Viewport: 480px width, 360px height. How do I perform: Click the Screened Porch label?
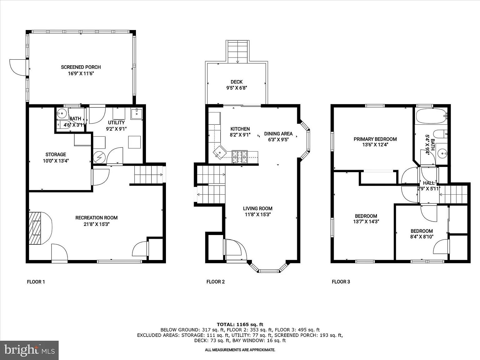[x=81, y=67]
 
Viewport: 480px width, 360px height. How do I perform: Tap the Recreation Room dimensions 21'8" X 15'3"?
[x=97, y=224]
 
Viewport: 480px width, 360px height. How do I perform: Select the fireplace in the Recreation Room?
[x=40, y=228]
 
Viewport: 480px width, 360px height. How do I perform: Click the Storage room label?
[x=56, y=155]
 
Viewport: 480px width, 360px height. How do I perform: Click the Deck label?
[x=236, y=82]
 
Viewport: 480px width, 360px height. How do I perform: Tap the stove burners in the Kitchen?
[x=240, y=157]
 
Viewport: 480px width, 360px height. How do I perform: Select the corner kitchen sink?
[x=220, y=152]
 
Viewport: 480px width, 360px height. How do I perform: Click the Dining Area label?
[x=278, y=134]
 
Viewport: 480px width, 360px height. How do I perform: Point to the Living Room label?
[x=257, y=208]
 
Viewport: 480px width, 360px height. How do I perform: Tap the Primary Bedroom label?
[x=375, y=139]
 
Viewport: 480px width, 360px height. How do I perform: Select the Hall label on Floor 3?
[x=429, y=183]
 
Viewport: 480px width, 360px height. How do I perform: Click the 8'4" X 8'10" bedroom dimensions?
[x=422, y=237]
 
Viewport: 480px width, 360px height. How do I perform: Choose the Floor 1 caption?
[x=36, y=282]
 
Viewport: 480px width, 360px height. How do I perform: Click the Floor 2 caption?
[x=216, y=282]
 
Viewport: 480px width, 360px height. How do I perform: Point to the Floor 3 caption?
[x=341, y=282]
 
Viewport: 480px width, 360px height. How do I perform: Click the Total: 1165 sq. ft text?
[x=240, y=325]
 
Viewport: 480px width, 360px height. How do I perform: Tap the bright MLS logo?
[x=29, y=350]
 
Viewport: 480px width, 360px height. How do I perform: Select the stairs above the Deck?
[x=238, y=52]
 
